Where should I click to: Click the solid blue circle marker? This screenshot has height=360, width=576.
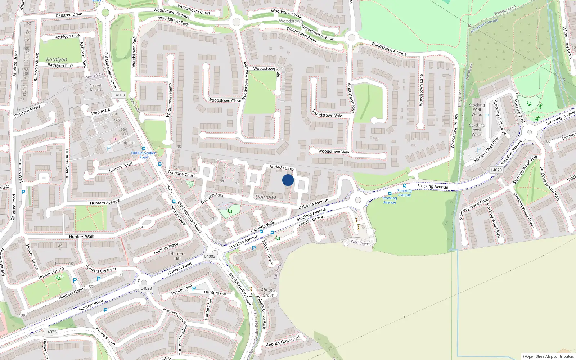tap(288, 180)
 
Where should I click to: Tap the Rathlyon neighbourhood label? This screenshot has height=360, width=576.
tap(57, 59)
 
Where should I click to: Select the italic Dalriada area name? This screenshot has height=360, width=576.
tap(266, 197)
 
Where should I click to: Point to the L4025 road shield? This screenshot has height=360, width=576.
tap(51, 332)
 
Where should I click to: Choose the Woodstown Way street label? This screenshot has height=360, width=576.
tap(333, 152)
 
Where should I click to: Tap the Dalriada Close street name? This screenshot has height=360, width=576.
tap(281, 167)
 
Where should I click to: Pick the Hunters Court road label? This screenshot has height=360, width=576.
tap(120, 167)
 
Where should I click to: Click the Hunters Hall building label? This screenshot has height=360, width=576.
tap(178, 256)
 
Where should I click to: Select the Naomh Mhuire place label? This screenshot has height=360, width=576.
tap(96, 87)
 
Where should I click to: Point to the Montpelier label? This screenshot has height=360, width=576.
tap(127, 143)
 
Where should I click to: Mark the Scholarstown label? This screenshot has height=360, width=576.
tap(505, 10)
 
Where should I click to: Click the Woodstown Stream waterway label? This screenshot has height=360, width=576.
tap(484, 26)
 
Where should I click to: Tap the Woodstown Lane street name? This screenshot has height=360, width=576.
tap(421, 90)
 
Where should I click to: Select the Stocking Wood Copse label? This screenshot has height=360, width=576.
tap(475, 208)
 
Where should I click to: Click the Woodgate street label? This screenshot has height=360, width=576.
tap(100, 112)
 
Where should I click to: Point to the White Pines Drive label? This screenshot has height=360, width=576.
tap(567, 42)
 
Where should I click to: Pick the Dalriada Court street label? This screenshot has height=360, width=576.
tap(181, 174)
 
